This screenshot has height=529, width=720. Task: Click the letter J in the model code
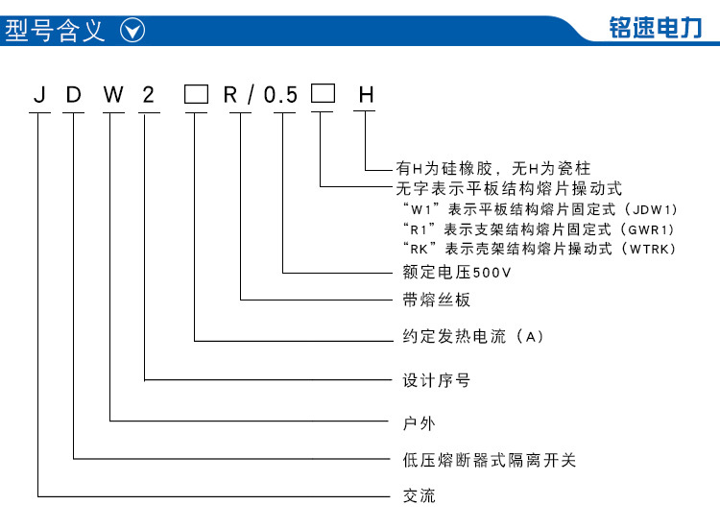[x=40, y=95]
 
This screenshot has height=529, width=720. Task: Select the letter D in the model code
[x=74, y=95]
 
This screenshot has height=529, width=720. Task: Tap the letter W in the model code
[x=113, y=95]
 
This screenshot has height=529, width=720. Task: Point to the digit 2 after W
[x=148, y=95]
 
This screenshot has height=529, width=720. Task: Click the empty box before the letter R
[x=196, y=94]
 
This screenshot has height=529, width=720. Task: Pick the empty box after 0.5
[x=323, y=93]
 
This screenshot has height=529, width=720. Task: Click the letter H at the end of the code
[x=366, y=95]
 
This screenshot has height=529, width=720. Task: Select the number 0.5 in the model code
[x=280, y=95]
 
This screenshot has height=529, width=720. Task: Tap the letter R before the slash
[x=230, y=95]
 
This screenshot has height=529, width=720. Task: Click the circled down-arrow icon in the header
[x=132, y=31]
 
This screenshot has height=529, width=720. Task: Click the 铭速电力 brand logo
[x=656, y=27]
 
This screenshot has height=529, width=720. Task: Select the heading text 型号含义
[x=55, y=31]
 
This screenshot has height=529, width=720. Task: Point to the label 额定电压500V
[x=456, y=273]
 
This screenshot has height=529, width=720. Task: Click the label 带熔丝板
[x=436, y=300]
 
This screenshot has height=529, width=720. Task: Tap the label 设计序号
[x=436, y=380]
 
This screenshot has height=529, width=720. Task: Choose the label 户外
[x=419, y=423]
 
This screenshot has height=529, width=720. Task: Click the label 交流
[x=419, y=496]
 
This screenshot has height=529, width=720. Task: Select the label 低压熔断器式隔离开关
[x=489, y=460]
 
